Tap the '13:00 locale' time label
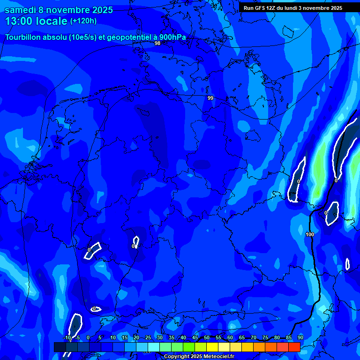pyautogui.click(x=36, y=21)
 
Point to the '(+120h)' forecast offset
pyautogui.click(x=83, y=21)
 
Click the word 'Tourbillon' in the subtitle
pyautogui.click(x=24, y=37)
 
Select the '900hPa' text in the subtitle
pyautogui.click(x=173, y=37)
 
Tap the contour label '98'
pyautogui.click(x=157, y=43)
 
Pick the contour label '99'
pyautogui.click(x=210, y=98)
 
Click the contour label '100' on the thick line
pyautogui.click(x=310, y=234)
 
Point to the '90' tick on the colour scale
pyautogui.click(x=300, y=337)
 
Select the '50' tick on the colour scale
pyautogui.click(x=207, y=337)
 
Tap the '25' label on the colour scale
pyautogui.click(x=148, y=337)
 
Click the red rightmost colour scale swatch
pyautogui.click(x=294, y=347)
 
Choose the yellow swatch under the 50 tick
pyautogui.click(x=212, y=347)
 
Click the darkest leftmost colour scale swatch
pyautogui.click(x=60, y=347)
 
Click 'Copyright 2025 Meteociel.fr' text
pyautogui.click(x=199, y=356)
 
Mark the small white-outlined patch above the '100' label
pyautogui.click(x=332, y=212)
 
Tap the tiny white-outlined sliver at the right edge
pyautogui.click(x=347, y=264)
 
